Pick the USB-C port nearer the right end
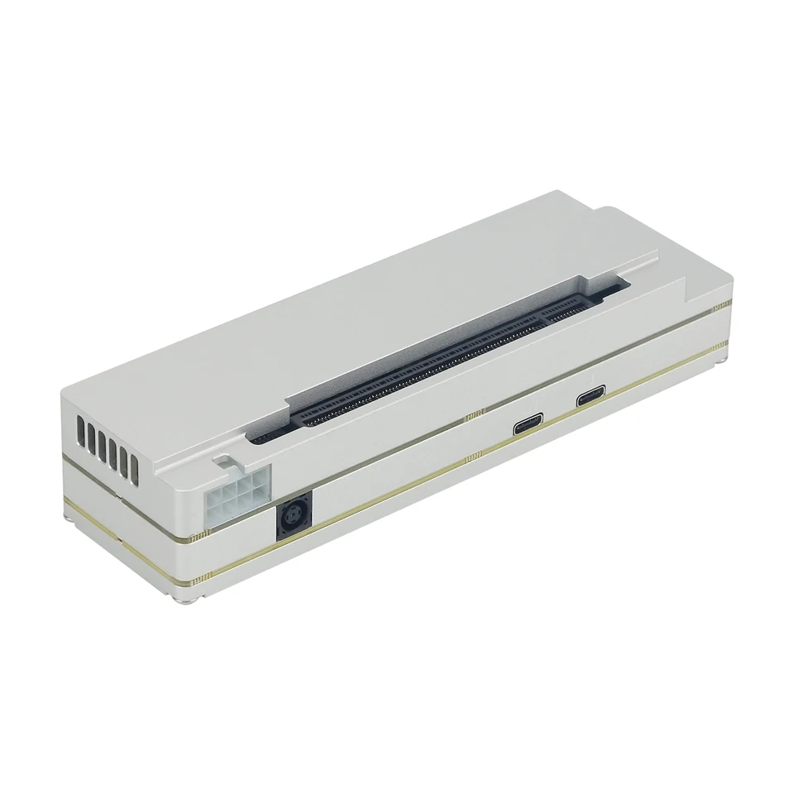pos(591,395)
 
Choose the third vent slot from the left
pos(102,446)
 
